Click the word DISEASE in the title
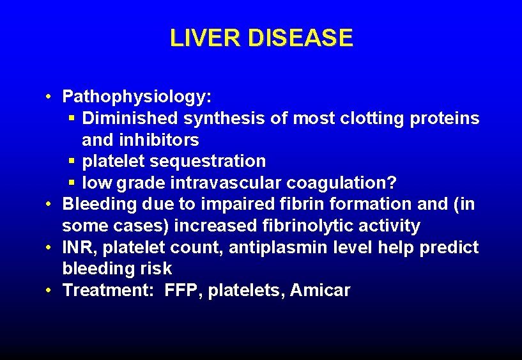pyautogui.click(x=300, y=38)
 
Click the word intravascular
pyautogui.click(x=226, y=183)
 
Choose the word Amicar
pyautogui.click(x=320, y=290)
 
